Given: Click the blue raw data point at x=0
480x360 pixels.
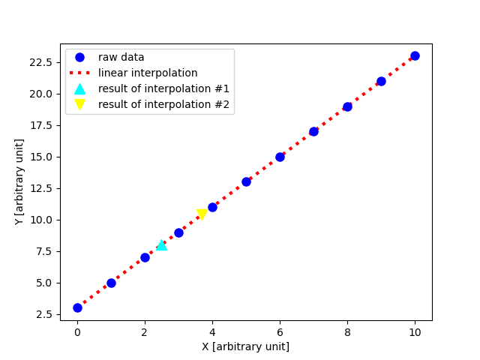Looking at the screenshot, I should (77, 307).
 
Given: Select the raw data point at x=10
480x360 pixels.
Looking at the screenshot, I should (415, 55).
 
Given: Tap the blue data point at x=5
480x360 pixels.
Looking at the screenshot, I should (246, 181).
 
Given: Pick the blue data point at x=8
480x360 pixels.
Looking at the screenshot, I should (347, 106).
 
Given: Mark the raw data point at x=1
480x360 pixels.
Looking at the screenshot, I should (111, 283).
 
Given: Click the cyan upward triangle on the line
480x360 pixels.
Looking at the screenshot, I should (161, 244).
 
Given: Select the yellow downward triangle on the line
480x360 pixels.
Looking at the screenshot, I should (202, 215).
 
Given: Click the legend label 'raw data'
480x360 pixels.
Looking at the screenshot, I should (121, 57).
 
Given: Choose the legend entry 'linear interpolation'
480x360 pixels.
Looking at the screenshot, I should (148, 73).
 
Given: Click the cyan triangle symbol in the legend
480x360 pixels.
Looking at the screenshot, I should (80, 88).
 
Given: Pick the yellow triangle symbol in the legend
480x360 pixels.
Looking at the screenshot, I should (80, 105).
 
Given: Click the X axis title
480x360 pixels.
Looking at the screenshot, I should (245, 346).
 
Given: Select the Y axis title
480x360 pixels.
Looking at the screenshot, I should (19, 181).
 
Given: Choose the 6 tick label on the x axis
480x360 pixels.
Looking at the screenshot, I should (280, 332).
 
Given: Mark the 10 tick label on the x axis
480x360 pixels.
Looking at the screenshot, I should (415, 332).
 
